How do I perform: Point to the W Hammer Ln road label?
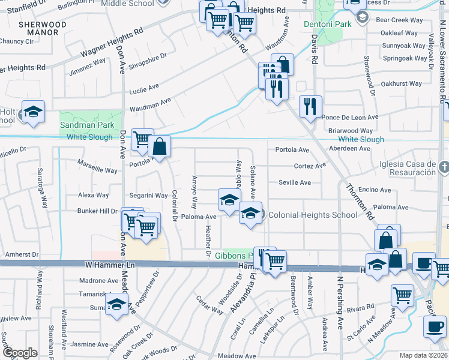109,265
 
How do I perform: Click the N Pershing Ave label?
339,310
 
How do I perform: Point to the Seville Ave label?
294,182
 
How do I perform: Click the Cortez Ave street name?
310,166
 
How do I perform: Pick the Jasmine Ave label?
90,344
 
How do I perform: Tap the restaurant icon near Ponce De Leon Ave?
310,107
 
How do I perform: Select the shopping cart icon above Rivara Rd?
402,295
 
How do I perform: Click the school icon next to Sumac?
116,304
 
